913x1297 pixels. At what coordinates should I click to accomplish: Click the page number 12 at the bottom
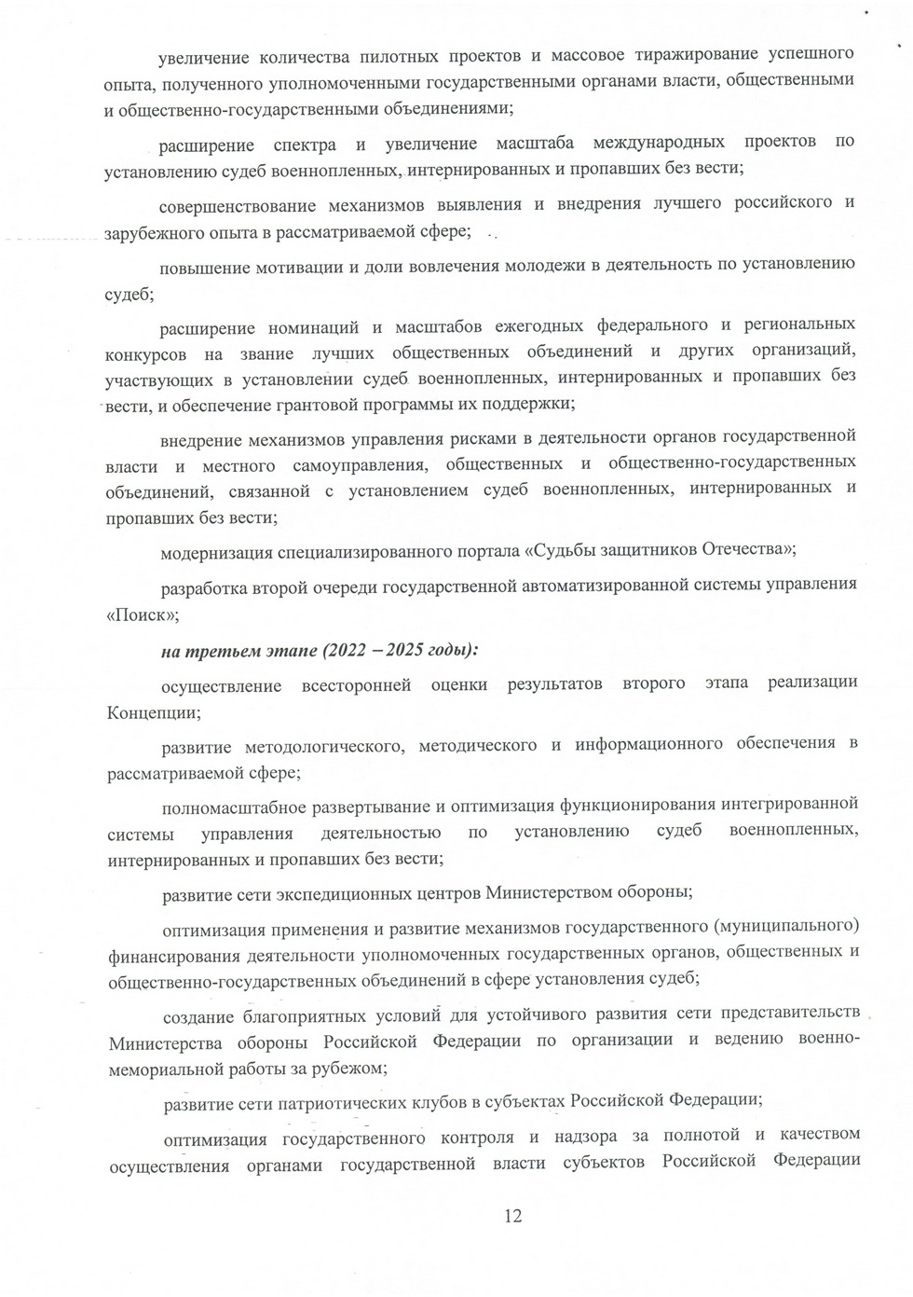point(512,1215)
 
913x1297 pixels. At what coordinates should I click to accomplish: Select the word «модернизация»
point(216,552)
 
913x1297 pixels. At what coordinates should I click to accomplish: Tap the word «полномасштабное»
point(234,807)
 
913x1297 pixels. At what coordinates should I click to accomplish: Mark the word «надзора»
point(587,1137)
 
